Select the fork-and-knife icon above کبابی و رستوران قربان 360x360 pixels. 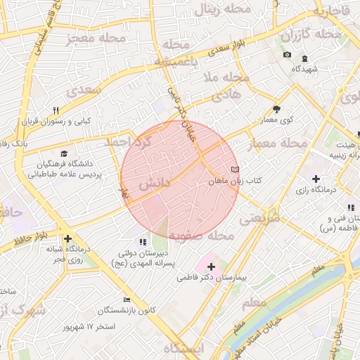point(56,110)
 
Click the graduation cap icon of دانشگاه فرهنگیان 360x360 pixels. point(65,153)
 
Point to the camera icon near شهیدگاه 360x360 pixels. point(287,55)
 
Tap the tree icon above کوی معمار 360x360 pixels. point(276,109)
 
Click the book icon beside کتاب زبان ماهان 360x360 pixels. point(235,169)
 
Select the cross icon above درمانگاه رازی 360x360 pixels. point(315,179)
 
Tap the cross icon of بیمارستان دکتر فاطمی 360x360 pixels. point(211,266)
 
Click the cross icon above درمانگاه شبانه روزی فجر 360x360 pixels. point(67,238)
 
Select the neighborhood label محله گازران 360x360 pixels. point(311,34)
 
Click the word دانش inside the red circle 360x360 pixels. point(155,184)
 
